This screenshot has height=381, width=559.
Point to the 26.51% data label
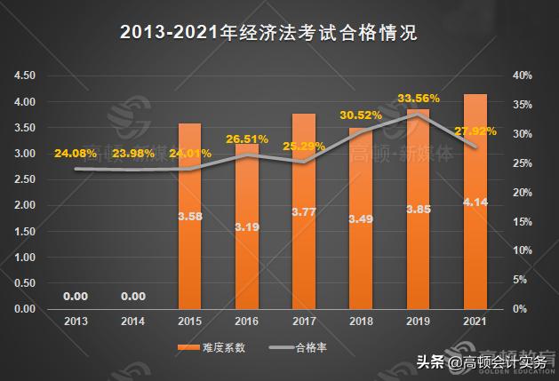pos(247,139)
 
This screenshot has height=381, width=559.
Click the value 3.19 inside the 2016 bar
pos(247,226)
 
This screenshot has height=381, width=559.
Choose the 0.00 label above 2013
pos(76,296)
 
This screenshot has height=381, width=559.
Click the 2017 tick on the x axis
pos(304,320)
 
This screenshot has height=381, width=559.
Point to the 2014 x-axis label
pos(133,320)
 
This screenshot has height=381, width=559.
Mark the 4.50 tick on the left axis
pos(25,76)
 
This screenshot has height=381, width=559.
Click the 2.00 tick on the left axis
pos(25,206)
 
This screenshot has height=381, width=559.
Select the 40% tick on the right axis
pos(523,76)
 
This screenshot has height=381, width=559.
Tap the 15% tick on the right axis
pos(523,222)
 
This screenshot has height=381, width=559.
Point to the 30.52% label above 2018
pos(361,115)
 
